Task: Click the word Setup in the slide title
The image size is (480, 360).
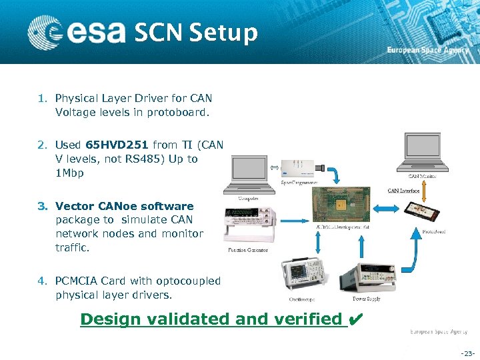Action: click(223, 32)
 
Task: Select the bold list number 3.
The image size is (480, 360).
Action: click(41, 206)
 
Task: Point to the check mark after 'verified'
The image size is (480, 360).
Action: click(355, 319)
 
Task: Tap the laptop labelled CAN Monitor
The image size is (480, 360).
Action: click(422, 153)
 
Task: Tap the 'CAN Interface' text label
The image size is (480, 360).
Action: click(403, 191)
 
